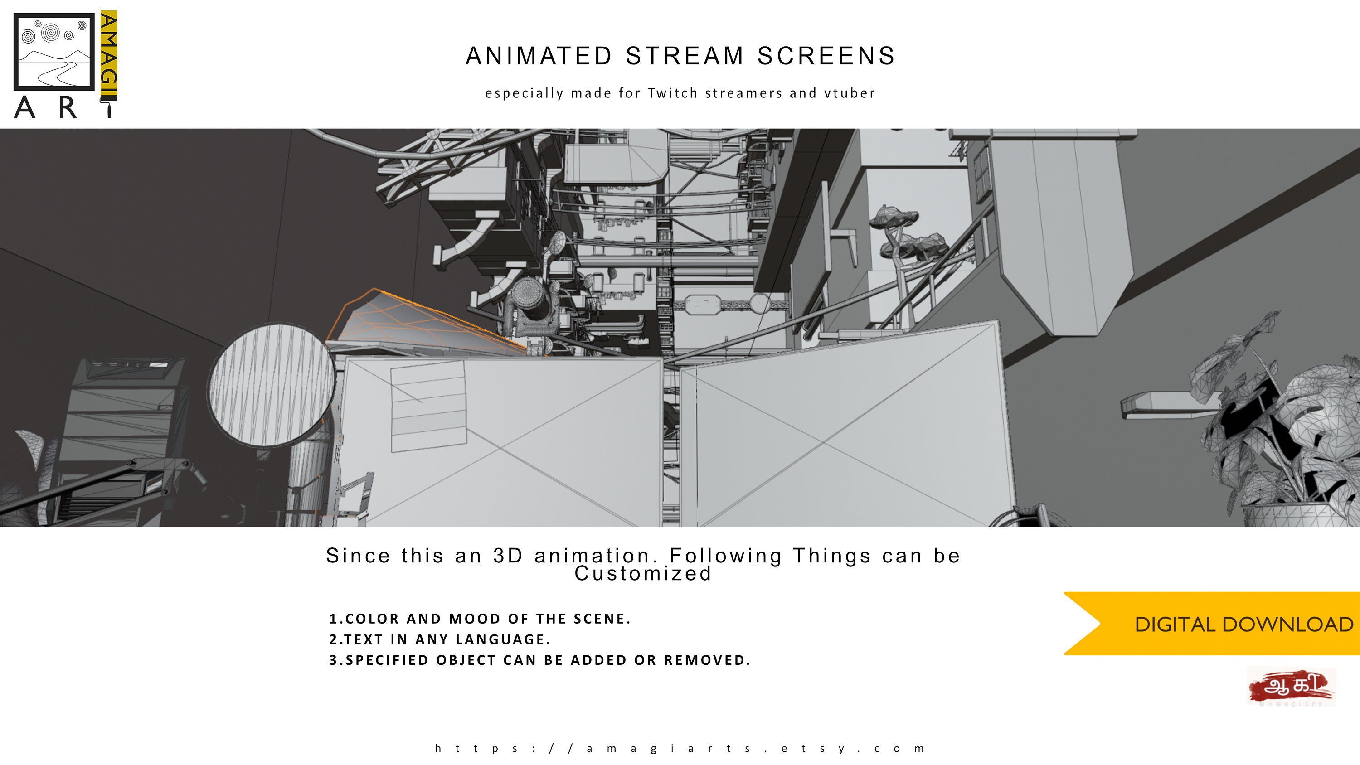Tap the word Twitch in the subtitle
[x=672, y=93]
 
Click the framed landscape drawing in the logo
[x=54, y=52]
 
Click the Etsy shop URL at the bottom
[x=680, y=748]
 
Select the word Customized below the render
[x=643, y=574]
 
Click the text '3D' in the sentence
[x=508, y=556]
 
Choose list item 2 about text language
[x=440, y=639]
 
